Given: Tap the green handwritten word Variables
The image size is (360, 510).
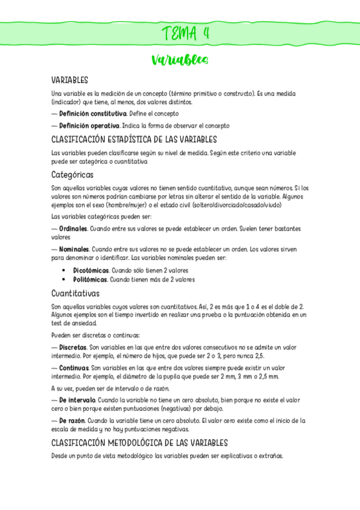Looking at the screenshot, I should click(x=180, y=60).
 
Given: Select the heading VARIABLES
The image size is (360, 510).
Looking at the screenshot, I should click(x=70, y=80).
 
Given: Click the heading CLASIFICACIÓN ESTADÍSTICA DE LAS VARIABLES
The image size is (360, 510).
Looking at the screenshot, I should click(x=133, y=140).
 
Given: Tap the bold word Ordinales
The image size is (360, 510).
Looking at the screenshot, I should click(x=74, y=229).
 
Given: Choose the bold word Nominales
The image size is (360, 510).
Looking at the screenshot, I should click(x=75, y=249).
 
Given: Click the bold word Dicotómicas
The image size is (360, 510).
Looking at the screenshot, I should click(x=91, y=271).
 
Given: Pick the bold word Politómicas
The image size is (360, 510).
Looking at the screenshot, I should click(x=90, y=280).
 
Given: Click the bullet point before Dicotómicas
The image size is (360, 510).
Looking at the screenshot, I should click(x=63, y=271).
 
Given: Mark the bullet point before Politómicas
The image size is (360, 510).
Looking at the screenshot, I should click(x=63, y=280).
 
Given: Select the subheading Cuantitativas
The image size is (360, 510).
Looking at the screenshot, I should click(x=75, y=293).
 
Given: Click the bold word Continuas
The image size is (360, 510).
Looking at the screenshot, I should click(x=74, y=367).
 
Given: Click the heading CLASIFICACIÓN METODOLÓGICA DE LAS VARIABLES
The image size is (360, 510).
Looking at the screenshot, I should click(x=139, y=443).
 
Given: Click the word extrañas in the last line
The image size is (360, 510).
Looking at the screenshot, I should click(x=269, y=456).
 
